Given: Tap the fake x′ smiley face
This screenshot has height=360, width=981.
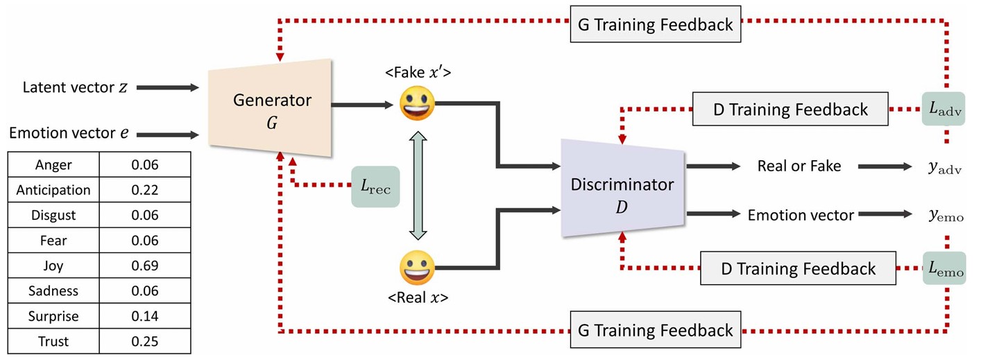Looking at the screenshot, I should (417, 103).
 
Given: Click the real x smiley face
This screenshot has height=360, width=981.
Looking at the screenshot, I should (417, 268).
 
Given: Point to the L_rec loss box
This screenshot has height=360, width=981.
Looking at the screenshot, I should (375, 187).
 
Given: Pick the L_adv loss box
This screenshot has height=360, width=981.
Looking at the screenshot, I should (944, 109).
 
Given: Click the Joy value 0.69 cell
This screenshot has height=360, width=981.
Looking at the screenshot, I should (145, 266).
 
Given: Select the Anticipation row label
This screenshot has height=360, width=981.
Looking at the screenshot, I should (53, 190).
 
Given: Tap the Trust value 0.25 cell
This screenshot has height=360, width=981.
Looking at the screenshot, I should (145, 341).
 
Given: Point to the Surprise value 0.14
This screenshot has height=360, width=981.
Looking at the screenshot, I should (145, 316).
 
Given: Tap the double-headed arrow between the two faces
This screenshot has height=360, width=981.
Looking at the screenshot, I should (418, 186).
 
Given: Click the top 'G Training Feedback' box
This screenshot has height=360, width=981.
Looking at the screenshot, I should (655, 25).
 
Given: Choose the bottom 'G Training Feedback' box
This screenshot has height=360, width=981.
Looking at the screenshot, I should (655, 330).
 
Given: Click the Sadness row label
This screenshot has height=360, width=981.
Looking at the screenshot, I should (53, 291).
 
